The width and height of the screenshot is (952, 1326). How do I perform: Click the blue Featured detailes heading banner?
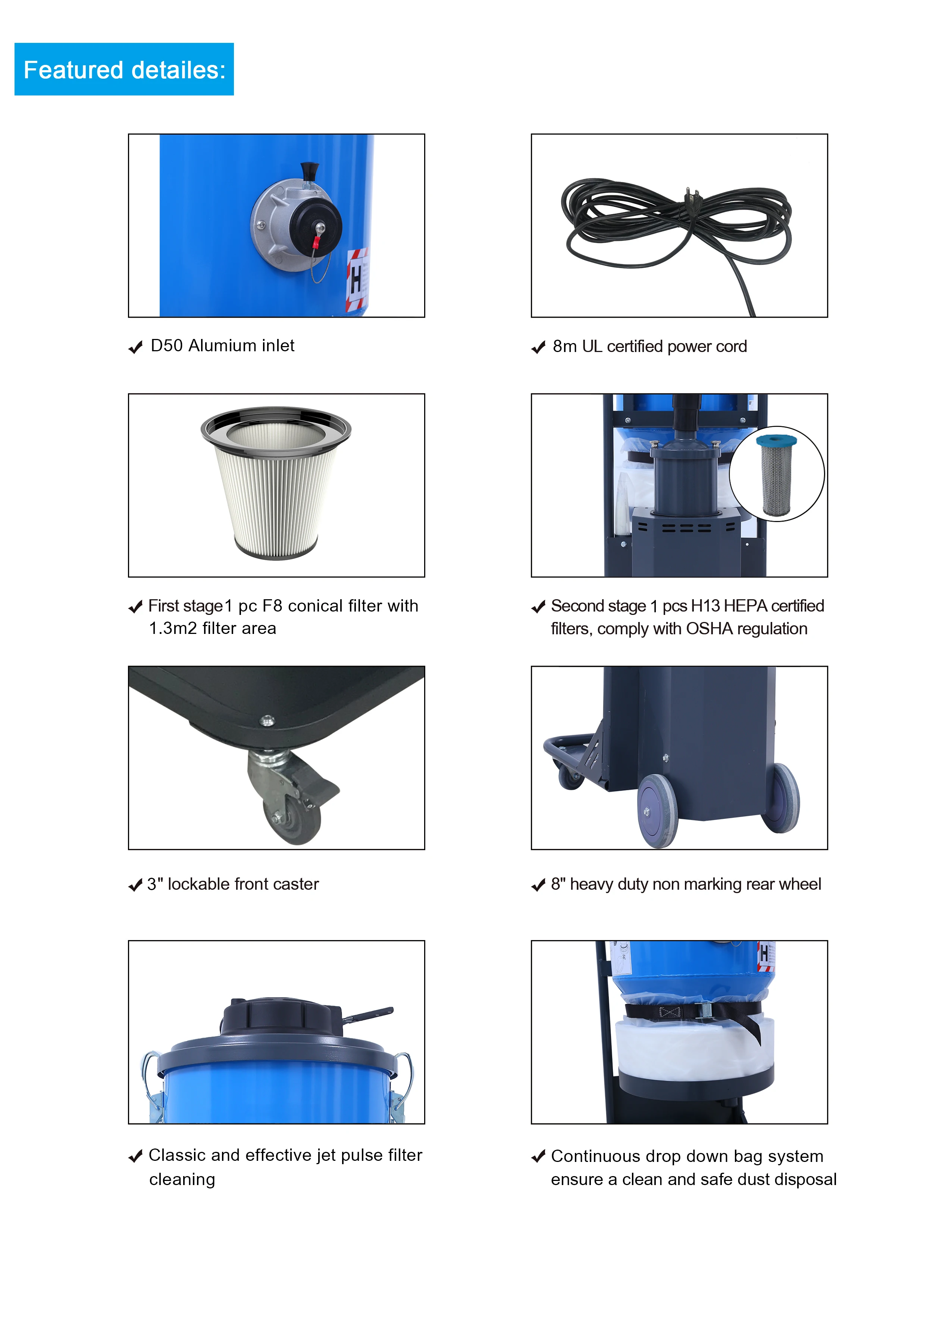[124, 70]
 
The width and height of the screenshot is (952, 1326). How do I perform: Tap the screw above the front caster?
[267, 720]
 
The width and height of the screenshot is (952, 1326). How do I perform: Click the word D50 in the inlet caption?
[167, 346]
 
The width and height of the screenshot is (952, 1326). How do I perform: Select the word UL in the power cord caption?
[592, 347]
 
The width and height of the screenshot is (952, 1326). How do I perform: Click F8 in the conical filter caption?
[272, 606]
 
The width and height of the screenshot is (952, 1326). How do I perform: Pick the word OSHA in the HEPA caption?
[709, 629]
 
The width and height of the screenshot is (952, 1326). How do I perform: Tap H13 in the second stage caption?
[705, 606]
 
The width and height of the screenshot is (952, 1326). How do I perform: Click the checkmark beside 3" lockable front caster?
[135, 885]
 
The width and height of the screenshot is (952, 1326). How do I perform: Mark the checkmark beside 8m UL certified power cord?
[538, 348]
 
